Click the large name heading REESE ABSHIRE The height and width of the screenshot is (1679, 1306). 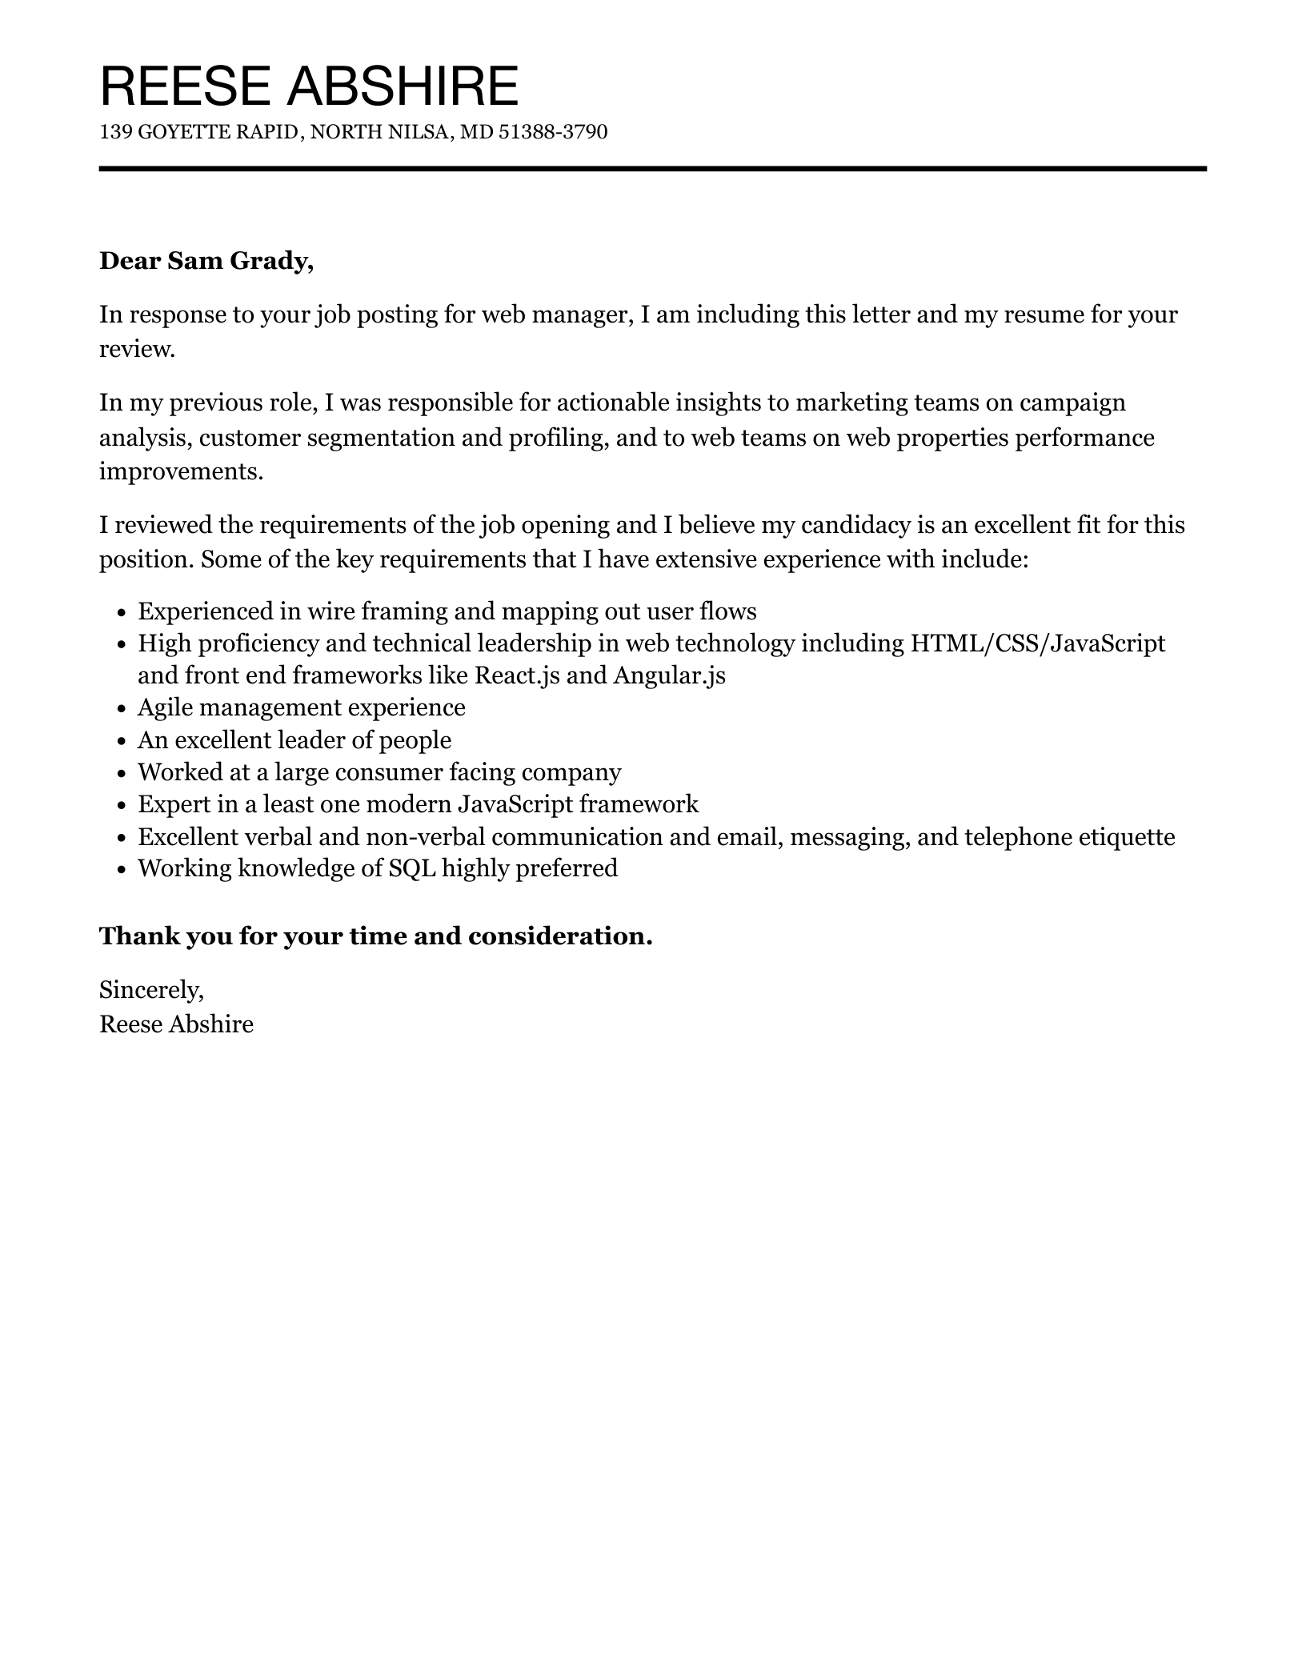pyautogui.click(x=309, y=86)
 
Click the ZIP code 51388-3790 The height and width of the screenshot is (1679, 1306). pyautogui.click(x=553, y=132)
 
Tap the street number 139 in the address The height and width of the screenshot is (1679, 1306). pyautogui.click(x=115, y=132)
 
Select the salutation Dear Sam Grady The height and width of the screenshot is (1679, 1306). pyautogui.click(x=206, y=261)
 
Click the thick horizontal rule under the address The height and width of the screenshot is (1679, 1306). pyautogui.click(x=652, y=169)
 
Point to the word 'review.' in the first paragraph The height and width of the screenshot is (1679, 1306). pyautogui.click(x=136, y=349)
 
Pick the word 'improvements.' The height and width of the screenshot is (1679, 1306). pyautogui.click(x=181, y=471)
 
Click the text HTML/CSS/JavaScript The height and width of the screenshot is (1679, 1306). pyautogui.click(x=1037, y=643)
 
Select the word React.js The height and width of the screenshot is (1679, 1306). pyautogui.click(x=516, y=675)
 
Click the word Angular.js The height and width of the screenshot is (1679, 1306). pyautogui.click(x=669, y=675)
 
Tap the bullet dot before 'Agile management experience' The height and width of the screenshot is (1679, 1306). pyautogui.click(x=122, y=709)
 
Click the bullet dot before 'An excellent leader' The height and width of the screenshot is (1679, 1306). pyautogui.click(x=122, y=741)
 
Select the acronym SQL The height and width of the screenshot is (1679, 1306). pyautogui.click(x=411, y=868)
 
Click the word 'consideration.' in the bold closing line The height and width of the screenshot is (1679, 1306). pyautogui.click(x=559, y=936)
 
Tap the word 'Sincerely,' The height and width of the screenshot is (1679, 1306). pyautogui.click(x=151, y=991)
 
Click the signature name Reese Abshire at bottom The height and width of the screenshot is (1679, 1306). pyautogui.click(x=176, y=1024)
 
